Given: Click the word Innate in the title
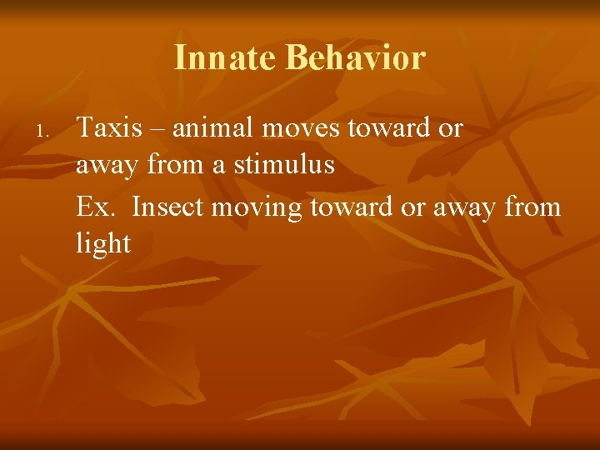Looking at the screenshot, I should coord(225,58).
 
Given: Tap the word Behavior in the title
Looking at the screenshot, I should coord(356,58).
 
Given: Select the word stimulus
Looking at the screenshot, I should coord(284,165).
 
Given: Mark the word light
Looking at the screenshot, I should coord(103,243).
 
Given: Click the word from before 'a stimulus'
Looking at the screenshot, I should coord(176,165).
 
